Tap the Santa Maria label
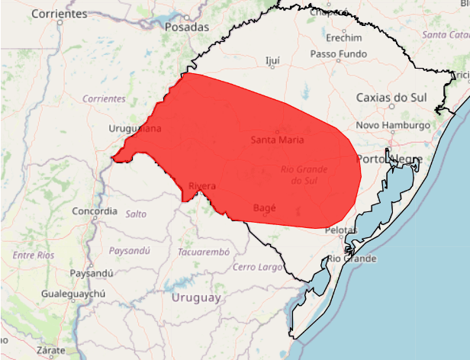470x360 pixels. click(278, 140)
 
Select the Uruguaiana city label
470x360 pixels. click(135, 129)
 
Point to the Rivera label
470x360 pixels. click(201, 186)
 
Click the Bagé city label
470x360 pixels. click(264, 207)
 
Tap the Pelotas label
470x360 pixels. click(340, 230)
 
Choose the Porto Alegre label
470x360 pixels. click(389, 159)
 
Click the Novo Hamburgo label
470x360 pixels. click(394, 125)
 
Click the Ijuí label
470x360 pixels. click(272, 60)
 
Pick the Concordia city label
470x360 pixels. click(95, 211)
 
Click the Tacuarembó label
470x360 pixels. click(203, 252)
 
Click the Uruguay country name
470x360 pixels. click(196, 297)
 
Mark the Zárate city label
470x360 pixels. click(53, 350)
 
